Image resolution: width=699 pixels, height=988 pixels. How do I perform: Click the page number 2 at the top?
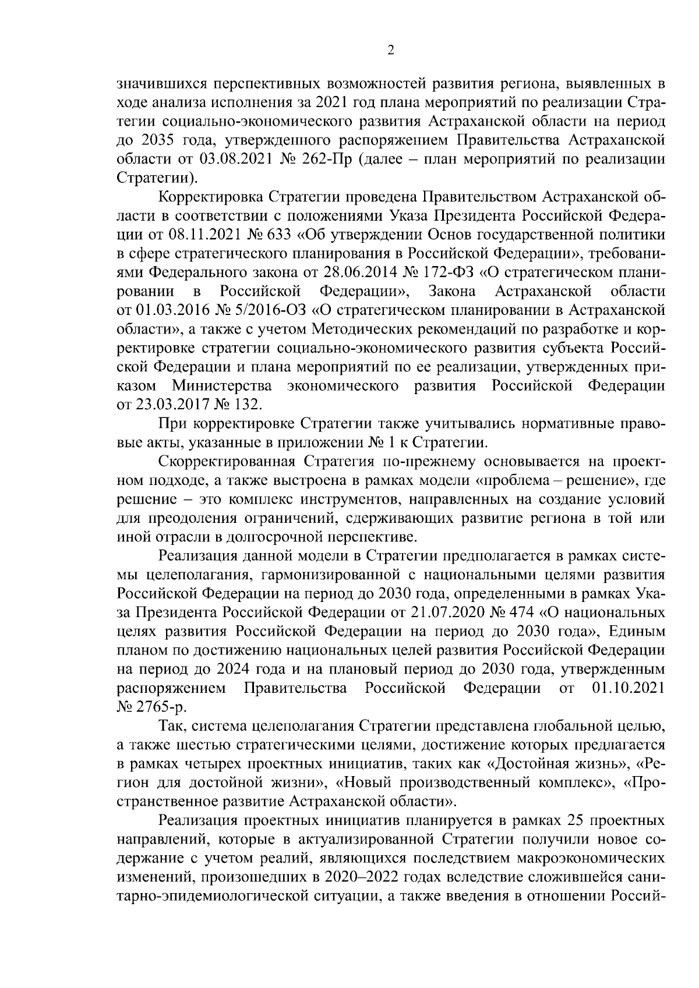click(391, 51)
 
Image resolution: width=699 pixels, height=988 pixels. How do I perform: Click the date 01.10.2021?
click(628, 689)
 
